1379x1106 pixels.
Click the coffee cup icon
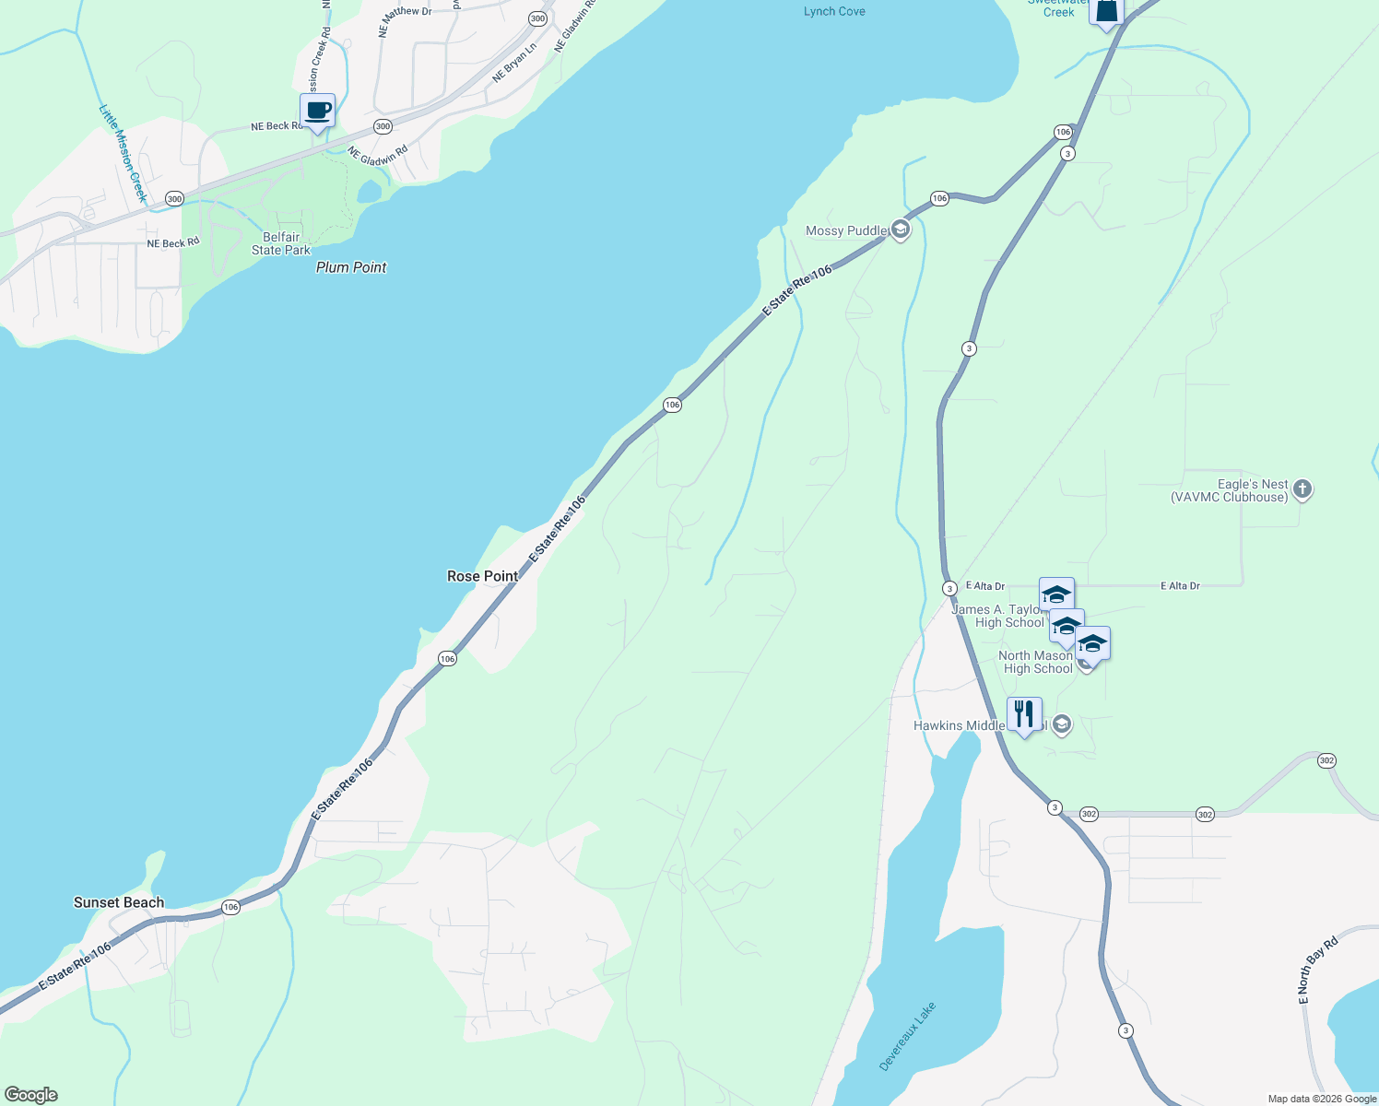tap(317, 111)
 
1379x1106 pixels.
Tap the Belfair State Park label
tap(281, 243)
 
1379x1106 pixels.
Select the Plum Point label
tap(351, 267)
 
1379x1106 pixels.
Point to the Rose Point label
tap(482, 576)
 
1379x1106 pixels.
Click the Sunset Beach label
tap(119, 902)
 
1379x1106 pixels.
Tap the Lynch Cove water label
tap(834, 11)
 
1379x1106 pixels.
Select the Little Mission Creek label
tap(123, 153)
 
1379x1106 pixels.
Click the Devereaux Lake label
tap(907, 1036)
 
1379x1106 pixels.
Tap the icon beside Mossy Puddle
tap(901, 230)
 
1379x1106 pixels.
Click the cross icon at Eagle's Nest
tap(1302, 489)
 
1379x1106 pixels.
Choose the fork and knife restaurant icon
tap(1024, 714)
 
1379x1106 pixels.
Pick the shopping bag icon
tap(1106, 11)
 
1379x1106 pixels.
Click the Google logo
tap(31, 1095)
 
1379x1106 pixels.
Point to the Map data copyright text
tap(1321, 1099)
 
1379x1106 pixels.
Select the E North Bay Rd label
tap(1317, 971)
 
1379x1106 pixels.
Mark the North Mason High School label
tap(1037, 662)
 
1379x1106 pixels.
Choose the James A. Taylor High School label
tap(998, 616)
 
